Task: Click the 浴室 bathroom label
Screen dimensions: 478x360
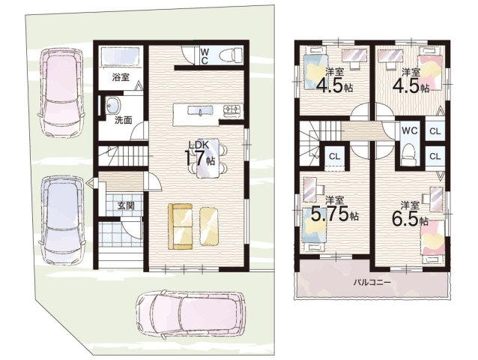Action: click(x=121, y=77)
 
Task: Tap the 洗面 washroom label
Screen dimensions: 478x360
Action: click(x=123, y=120)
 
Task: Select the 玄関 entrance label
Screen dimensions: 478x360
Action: click(x=126, y=206)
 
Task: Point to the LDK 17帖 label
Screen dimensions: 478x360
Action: click(x=201, y=154)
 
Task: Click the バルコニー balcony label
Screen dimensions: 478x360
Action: click(x=372, y=282)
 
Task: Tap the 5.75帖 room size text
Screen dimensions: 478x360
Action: click(x=334, y=214)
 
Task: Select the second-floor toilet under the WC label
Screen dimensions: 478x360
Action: click(x=409, y=154)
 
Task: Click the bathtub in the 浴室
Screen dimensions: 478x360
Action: click(x=120, y=56)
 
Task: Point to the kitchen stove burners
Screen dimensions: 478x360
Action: click(x=232, y=109)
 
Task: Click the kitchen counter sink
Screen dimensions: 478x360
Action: click(x=200, y=110)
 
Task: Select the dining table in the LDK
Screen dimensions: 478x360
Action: click(x=208, y=158)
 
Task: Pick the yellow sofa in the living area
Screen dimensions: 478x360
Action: click(x=180, y=226)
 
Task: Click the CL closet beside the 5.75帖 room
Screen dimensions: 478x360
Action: click(x=334, y=157)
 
